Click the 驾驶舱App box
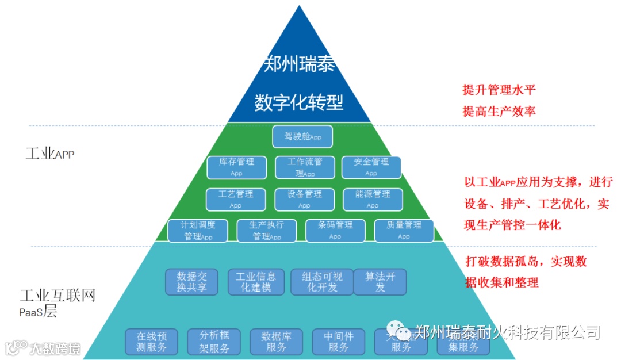tap(302, 137)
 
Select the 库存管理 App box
tap(237, 167)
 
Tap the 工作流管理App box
tap(305, 167)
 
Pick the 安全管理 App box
tap(371, 167)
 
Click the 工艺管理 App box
tap(236, 199)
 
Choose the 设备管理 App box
tap(305, 199)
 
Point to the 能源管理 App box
tap(373, 199)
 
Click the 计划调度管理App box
tap(198, 230)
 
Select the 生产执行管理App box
tap(267, 230)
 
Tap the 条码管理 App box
tap(335, 230)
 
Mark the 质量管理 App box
tap(404, 230)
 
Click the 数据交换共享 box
tap(191, 282)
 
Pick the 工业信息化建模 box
tap(256, 282)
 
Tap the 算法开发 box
tap(380, 282)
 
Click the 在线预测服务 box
tap(151, 342)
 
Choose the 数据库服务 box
tap(277, 342)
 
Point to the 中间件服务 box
tap(339, 342)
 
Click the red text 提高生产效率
tap(499, 111)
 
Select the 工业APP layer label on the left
tap(50, 154)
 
